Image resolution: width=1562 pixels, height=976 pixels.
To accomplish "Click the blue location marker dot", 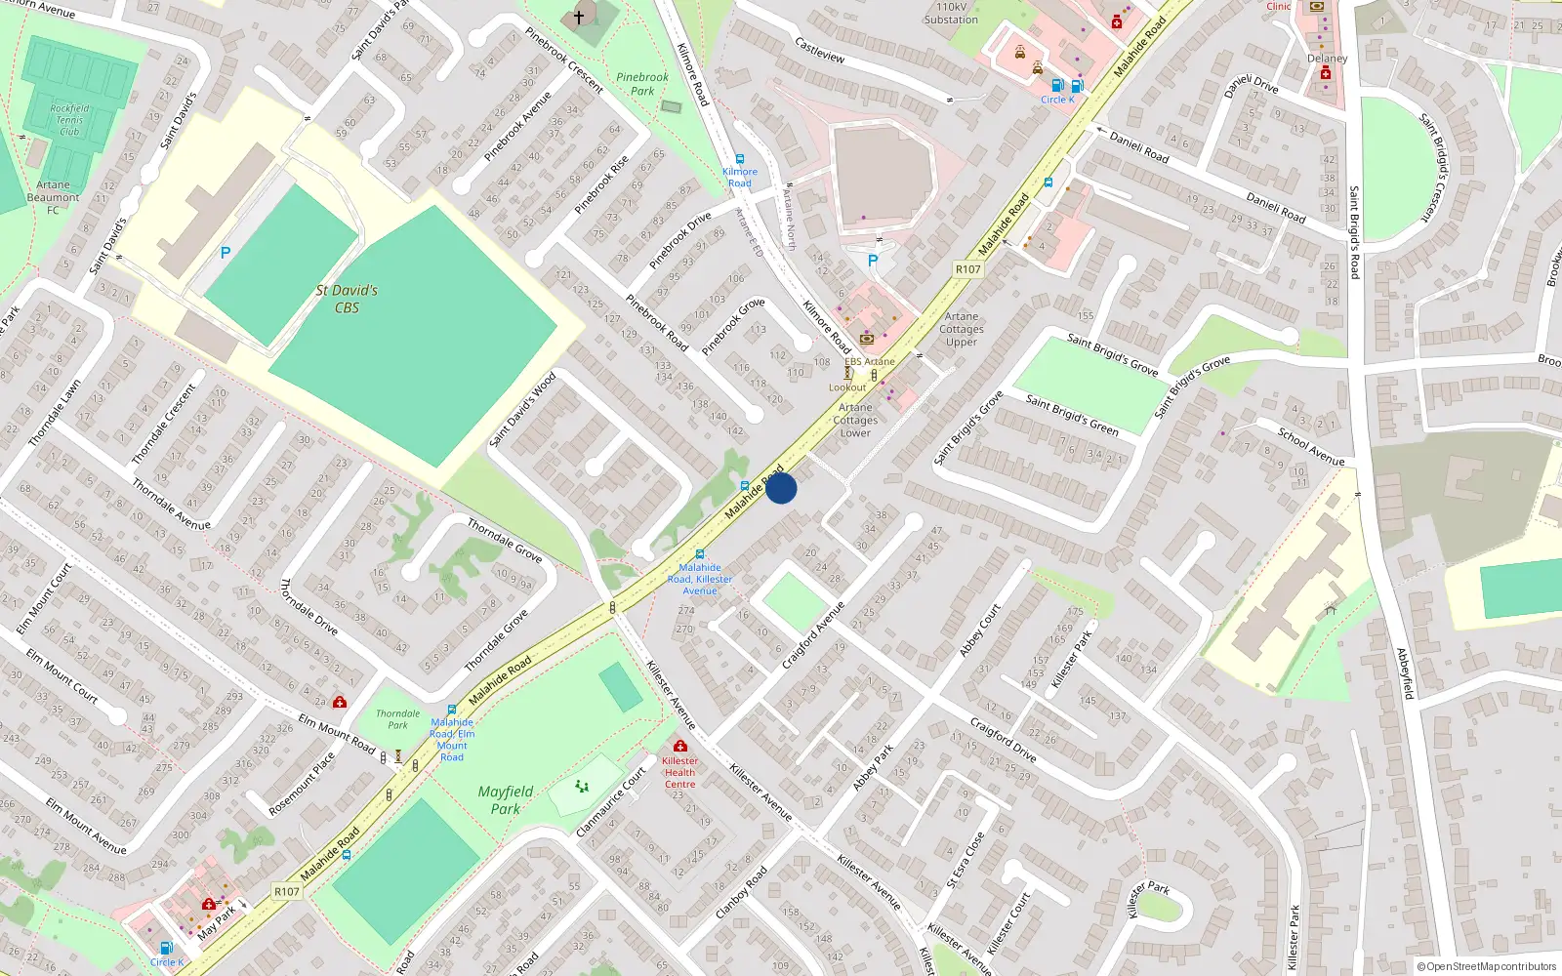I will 781,488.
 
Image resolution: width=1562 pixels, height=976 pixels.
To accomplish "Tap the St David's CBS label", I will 347,299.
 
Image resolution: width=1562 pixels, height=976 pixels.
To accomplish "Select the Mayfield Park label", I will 505,800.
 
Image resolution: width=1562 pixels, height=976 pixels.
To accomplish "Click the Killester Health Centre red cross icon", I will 680,747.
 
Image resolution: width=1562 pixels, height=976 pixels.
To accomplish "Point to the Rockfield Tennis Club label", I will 69,120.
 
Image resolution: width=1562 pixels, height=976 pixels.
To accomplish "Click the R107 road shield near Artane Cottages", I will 967,269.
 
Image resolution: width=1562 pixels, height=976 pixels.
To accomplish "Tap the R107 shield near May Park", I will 286,891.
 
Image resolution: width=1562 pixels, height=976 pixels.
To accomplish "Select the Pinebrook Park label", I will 642,84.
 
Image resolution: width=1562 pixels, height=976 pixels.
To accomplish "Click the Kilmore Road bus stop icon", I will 740,159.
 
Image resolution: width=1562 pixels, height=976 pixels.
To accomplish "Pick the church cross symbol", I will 579,18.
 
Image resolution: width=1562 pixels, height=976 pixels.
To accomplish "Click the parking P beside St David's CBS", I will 226,253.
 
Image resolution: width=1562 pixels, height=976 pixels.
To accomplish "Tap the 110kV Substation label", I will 951,13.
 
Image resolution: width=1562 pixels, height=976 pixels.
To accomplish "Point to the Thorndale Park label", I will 397,719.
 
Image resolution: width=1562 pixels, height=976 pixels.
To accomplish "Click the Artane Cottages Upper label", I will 962,329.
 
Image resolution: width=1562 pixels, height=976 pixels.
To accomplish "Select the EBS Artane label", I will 869,361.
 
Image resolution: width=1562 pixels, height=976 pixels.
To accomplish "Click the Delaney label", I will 1327,59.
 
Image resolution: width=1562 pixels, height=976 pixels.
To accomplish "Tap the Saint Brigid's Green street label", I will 1072,414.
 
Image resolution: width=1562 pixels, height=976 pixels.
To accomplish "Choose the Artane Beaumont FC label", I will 54,197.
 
